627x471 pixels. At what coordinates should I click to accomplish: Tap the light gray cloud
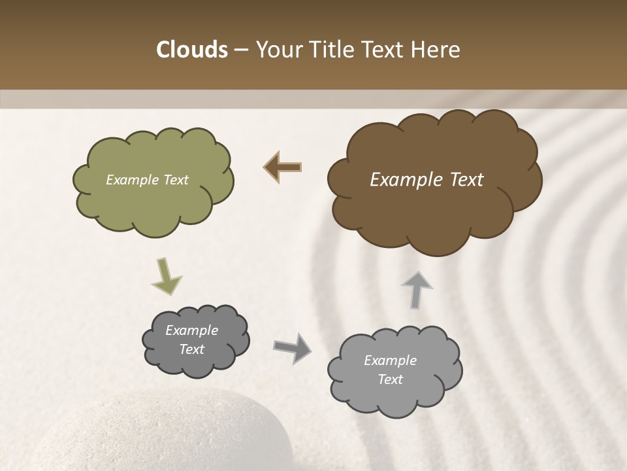pyautogui.click(x=392, y=399)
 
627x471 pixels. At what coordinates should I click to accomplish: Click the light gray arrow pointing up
pyautogui.click(x=416, y=288)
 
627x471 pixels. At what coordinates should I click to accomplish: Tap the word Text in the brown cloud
pyautogui.click(x=466, y=180)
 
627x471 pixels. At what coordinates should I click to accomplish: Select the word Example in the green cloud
pyautogui.click(x=133, y=180)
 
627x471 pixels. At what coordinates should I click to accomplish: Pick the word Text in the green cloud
pyautogui.click(x=176, y=180)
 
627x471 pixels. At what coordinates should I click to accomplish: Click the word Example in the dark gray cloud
pyautogui.click(x=191, y=330)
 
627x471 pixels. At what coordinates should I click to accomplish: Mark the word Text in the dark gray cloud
pyautogui.click(x=191, y=349)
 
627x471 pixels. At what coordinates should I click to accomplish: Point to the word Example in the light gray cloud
pyautogui.click(x=390, y=360)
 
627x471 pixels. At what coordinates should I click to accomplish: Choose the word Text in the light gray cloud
pyautogui.click(x=390, y=379)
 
